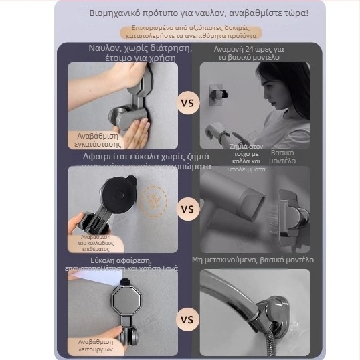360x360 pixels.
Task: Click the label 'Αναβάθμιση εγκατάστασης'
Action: point(98,139)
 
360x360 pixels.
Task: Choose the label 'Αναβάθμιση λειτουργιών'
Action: point(98,345)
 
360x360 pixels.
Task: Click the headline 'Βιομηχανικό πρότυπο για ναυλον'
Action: point(199,13)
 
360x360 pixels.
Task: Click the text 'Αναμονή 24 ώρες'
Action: point(250,53)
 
